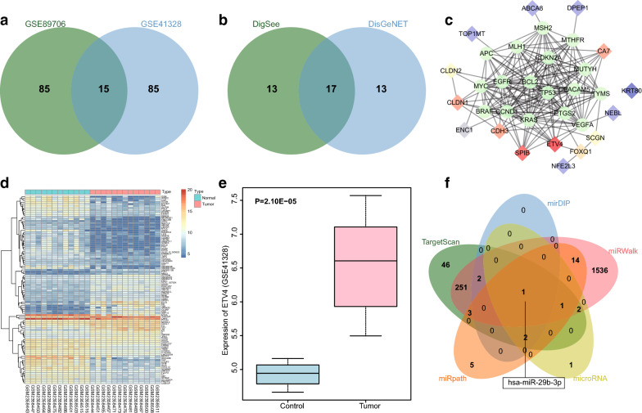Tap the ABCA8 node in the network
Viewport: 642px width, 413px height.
coord(532,9)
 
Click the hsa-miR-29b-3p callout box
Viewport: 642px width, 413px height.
coord(525,381)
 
